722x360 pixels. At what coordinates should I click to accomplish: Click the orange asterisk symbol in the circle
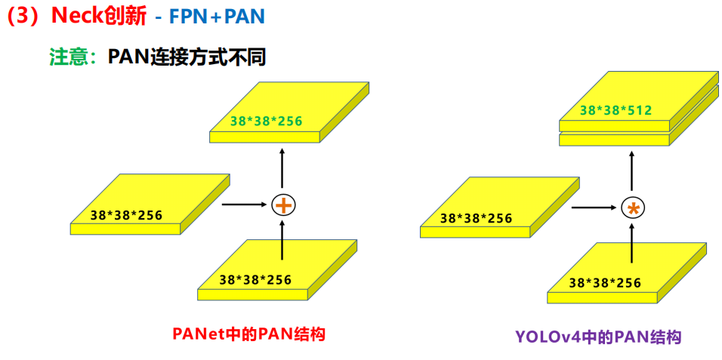[x=631, y=208]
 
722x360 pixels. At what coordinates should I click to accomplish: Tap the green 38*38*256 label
[x=267, y=120]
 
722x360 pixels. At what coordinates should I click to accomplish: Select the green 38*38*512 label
[x=616, y=111]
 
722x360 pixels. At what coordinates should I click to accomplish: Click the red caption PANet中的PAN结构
[x=248, y=333]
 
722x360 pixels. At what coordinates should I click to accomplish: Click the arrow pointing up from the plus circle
[x=283, y=168]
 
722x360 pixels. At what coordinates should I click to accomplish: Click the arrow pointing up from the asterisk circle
[x=631, y=171]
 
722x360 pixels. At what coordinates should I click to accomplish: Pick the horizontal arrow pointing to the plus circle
[x=245, y=204]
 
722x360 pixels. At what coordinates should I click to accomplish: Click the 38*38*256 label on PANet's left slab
[x=125, y=214]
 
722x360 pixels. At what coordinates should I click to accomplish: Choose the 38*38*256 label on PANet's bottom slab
[x=255, y=279]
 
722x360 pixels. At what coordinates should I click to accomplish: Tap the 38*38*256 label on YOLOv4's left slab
[x=476, y=218]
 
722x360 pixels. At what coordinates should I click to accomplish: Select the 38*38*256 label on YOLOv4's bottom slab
[x=604, y=283]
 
